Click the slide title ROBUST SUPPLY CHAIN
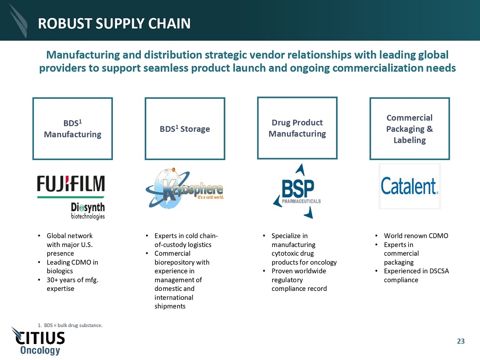(114, 24)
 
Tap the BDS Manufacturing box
(73, 129)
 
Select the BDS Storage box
(185, 129)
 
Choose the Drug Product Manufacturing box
(297, 128)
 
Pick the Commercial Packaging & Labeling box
(410, 129)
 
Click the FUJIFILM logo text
(71, 183)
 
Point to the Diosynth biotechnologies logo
(88, 211)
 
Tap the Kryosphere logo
(185, 188)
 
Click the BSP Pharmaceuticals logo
(297, 191)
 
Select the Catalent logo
(410, 186)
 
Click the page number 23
(461, 341)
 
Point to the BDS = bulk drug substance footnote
(70, 325)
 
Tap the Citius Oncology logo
(38, 341)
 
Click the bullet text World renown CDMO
(416, 236)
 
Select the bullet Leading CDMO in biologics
(72, 267)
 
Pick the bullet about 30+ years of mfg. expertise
(72, 284)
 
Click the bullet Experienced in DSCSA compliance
(416, 275)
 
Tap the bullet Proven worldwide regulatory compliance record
(299, 280)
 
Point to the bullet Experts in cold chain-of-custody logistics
(186, 240)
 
